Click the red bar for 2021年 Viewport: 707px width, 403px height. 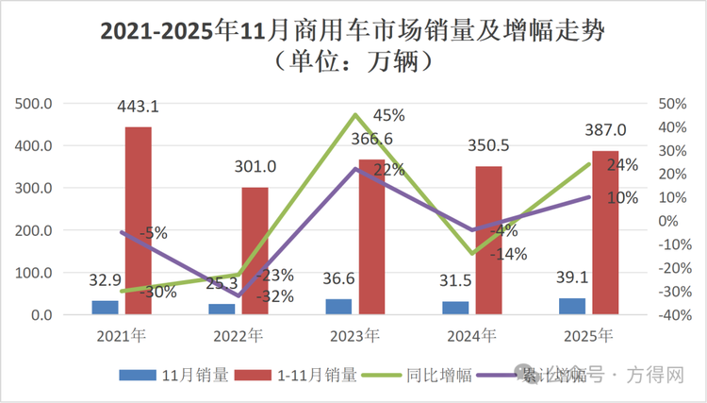coord(138,221)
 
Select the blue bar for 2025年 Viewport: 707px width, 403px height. coord(571,306)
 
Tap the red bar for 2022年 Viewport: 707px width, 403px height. coord(255,251)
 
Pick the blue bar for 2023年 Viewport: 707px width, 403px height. coord(337,307)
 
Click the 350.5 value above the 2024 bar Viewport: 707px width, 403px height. coord(487,147)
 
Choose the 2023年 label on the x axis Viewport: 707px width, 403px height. coord(356,335)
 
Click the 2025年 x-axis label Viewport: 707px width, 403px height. coord(590,335)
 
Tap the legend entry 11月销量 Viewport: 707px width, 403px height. coord(174,375)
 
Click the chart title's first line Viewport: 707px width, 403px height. coord(353,31)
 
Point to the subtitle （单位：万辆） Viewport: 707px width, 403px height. coord(353,63)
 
